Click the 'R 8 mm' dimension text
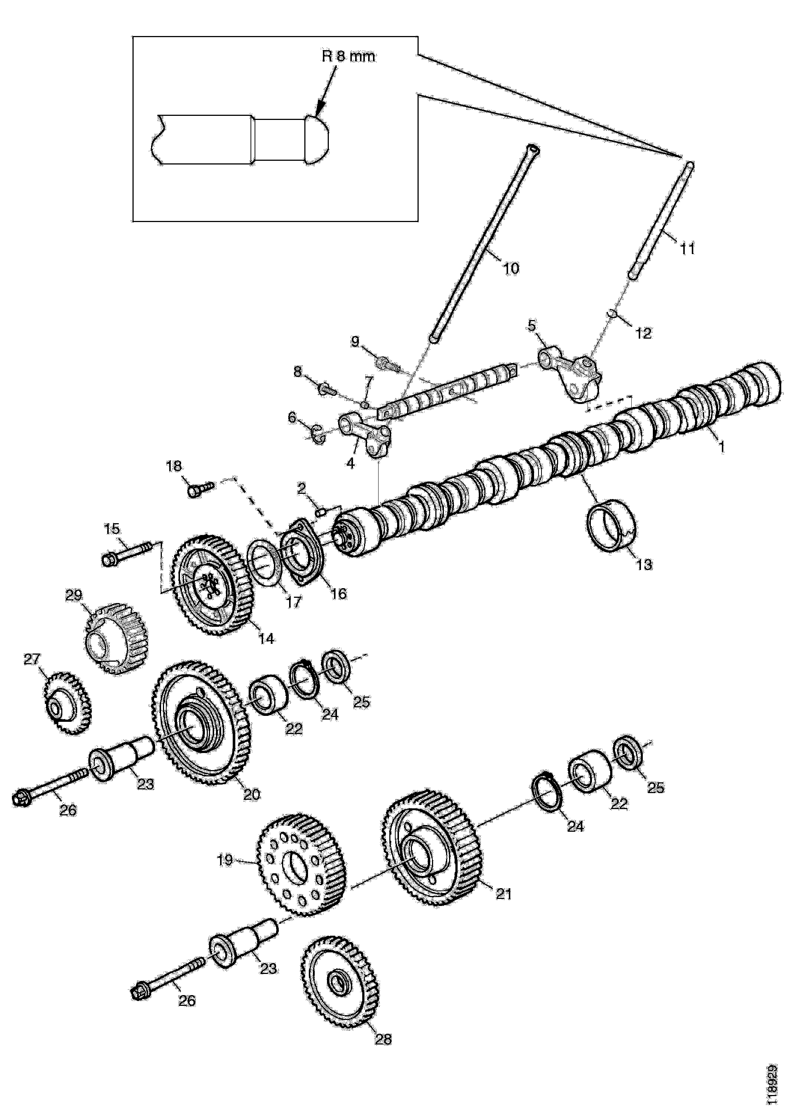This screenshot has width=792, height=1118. [x=348, y=56]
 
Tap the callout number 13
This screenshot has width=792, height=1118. [x=644, y=564]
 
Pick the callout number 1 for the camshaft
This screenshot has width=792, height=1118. [x=722, y=446]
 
